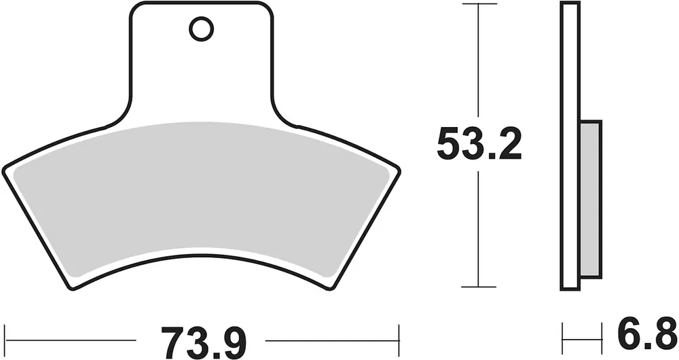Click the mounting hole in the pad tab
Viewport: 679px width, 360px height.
tap(202, 29)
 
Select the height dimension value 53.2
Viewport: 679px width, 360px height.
tap(479, 143)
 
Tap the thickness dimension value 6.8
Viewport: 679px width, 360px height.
tap(647, 334)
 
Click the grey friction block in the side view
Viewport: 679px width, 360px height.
tap(590, 199)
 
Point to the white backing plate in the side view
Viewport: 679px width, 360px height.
tap(570, 145)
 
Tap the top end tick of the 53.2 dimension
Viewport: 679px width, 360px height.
tap(479, 3)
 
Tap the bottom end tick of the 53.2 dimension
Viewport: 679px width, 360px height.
tap(479, 287)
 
